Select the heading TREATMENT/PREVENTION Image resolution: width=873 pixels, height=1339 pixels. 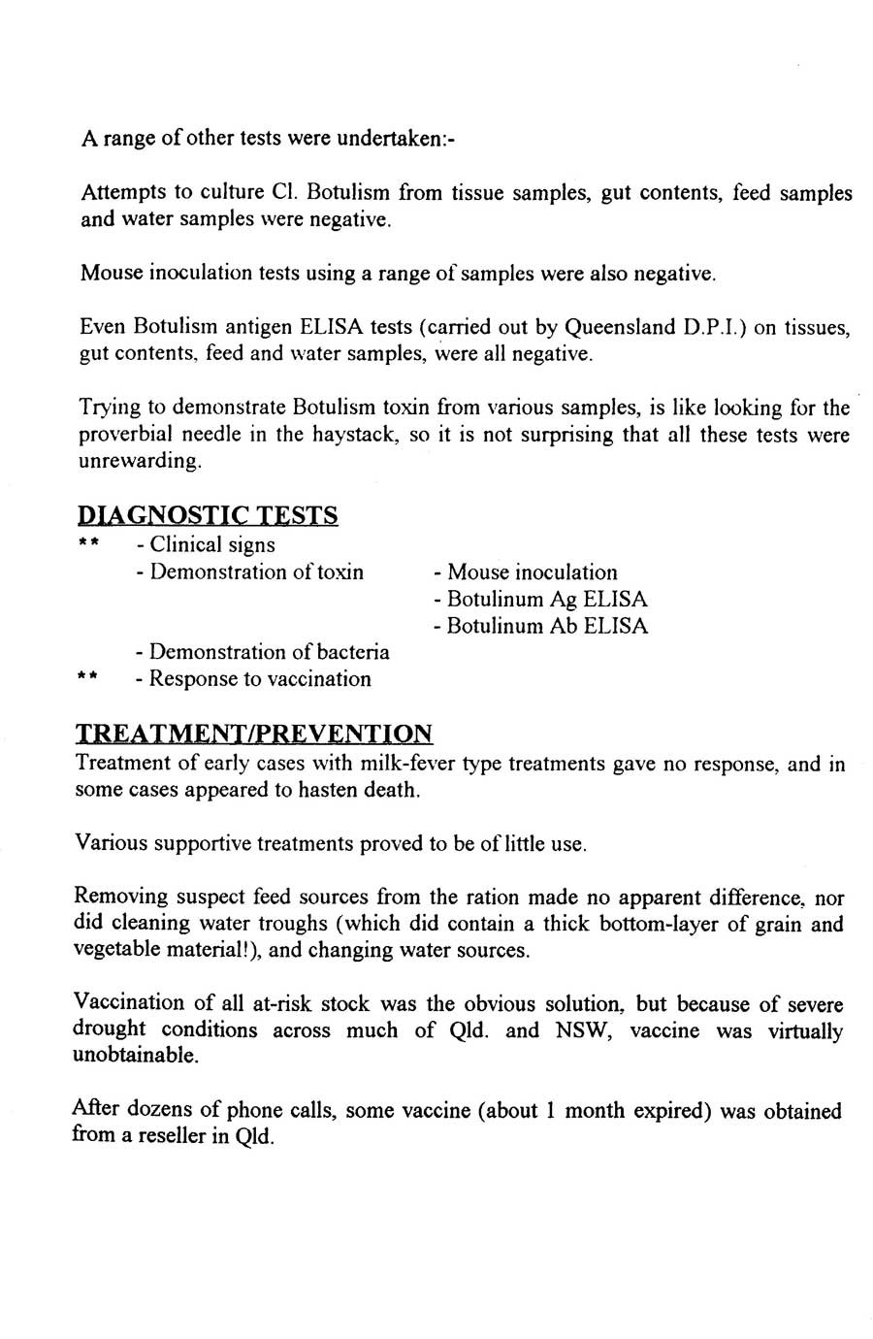[254, 734]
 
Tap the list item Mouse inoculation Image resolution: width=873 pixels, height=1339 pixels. [532, 572]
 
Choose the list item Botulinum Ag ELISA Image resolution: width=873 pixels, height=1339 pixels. [547, 600]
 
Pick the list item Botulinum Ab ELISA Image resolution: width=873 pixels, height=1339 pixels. [547, 626]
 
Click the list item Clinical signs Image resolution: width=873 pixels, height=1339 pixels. [211, 545]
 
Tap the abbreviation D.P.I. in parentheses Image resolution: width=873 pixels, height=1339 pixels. [712, 327]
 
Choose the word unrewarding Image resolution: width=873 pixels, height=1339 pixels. [140, 460]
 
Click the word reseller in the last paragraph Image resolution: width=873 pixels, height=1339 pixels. [175, 1136]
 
